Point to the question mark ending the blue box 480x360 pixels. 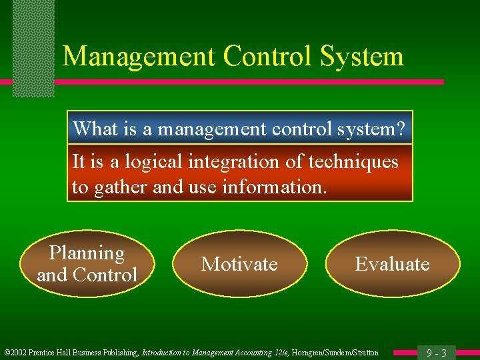(399, 128)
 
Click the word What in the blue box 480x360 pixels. (93, 128)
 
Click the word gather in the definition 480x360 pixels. (122, 187)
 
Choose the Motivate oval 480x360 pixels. (240, 264)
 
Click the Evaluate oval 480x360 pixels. (392, 264)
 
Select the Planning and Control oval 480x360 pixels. (87, 264)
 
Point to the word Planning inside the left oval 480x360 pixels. (87, 253)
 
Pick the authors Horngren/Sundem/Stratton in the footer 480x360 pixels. (336, 353)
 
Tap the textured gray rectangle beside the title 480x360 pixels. (33, 47)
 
